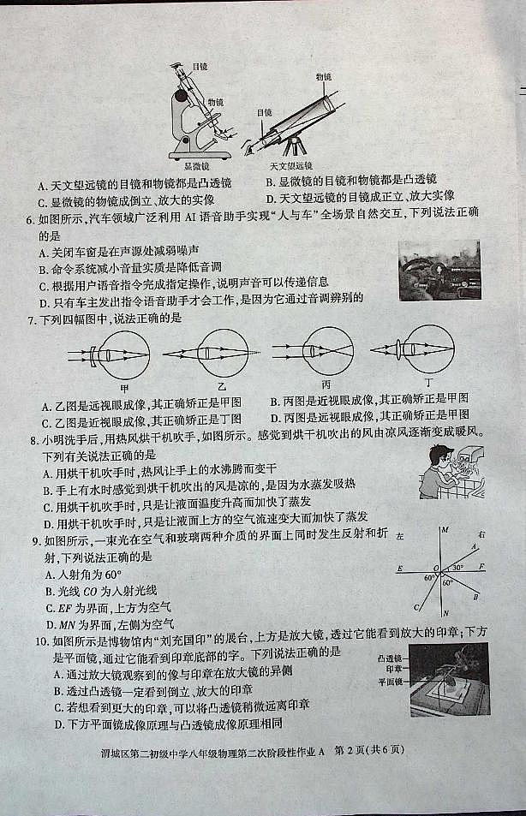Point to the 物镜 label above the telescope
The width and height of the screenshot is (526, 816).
324,76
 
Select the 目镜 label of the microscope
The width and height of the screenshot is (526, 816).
200,66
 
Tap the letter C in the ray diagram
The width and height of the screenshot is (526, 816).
416,607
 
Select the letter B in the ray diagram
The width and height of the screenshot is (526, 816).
475,597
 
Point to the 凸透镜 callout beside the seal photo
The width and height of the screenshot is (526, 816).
390,657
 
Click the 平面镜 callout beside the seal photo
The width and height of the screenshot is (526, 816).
390,682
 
